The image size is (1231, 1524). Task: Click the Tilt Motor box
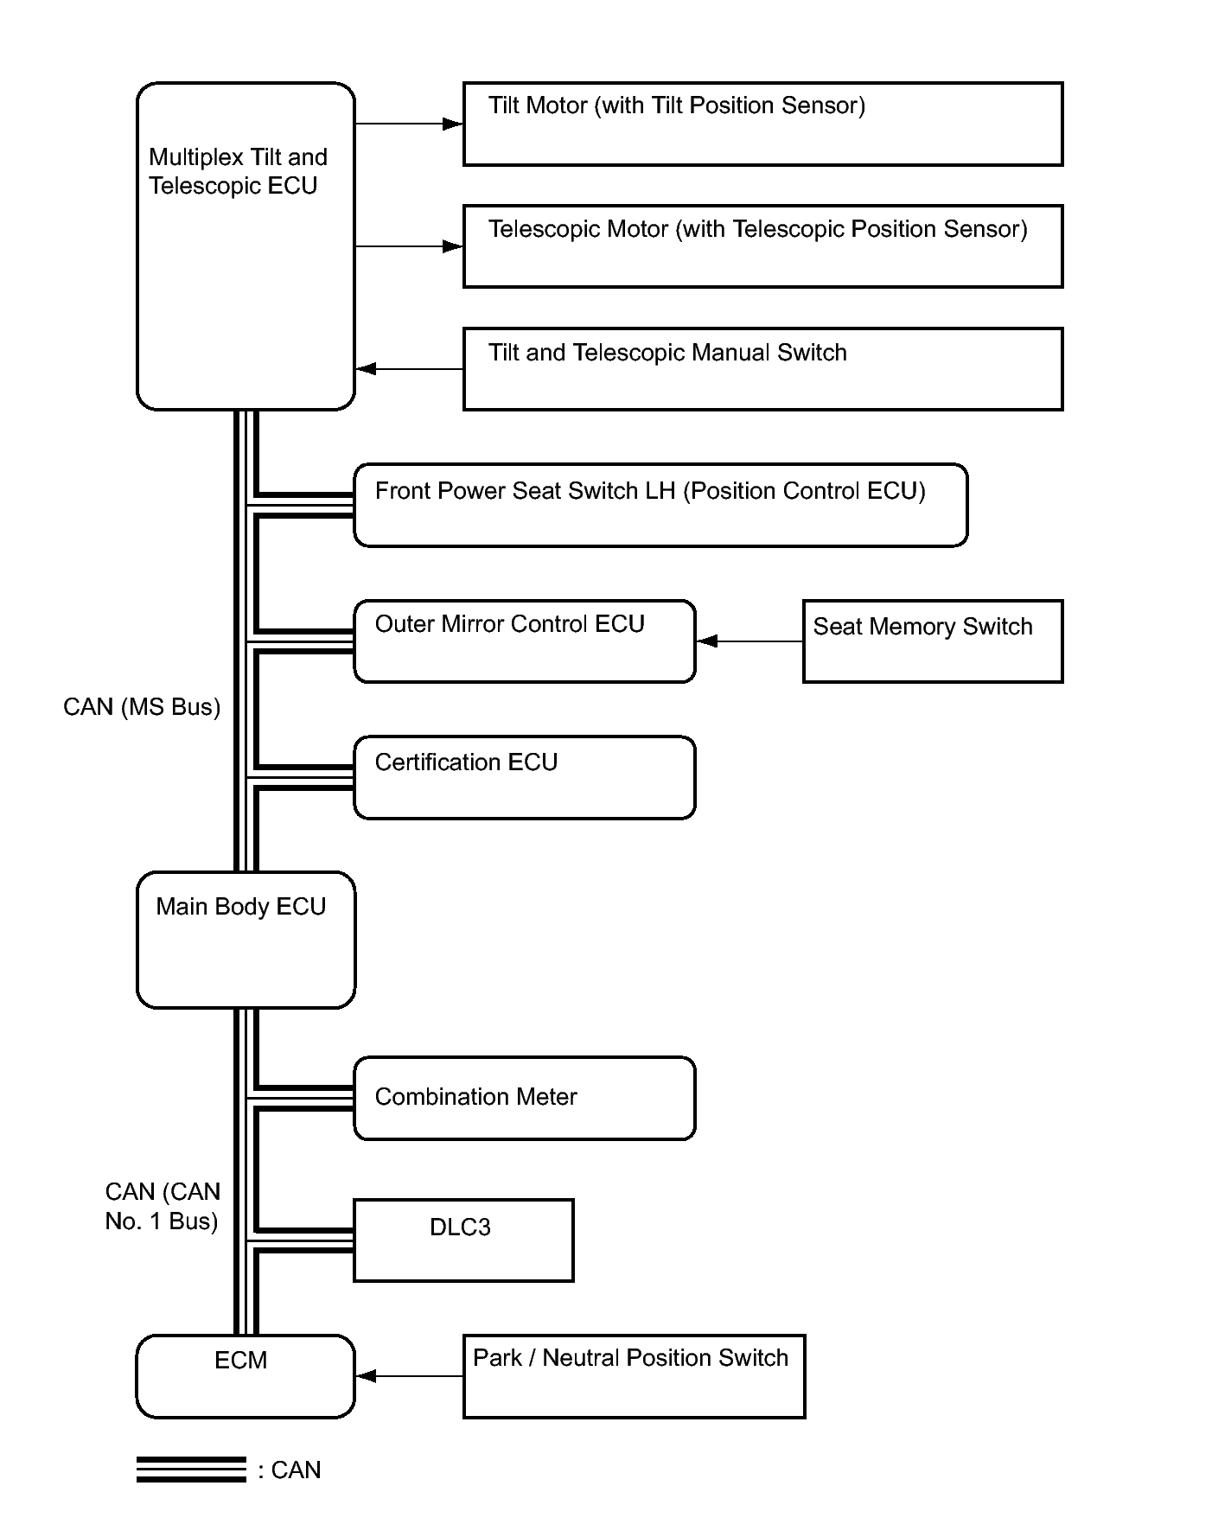click(x=762, y=124)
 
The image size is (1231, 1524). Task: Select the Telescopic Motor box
click(x=762, y=246)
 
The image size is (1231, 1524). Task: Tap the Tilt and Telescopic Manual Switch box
click(x=762, y=369)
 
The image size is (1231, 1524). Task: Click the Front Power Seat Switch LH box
click(x=660, y=506)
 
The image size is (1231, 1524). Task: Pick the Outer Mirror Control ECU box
click(x=524, y=641)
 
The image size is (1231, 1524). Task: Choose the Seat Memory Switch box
click(x=933, y=641)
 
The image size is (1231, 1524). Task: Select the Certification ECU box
click(x=524, y=777)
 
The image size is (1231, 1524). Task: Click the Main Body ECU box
click(x=246, y=940)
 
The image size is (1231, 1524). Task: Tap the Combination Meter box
click(x=524, y=1098)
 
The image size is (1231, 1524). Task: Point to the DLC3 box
click(x=463, y=1240)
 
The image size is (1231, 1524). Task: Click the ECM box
click(x=246, y=1376)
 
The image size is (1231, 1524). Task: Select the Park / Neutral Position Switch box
click(x=634, y=1376)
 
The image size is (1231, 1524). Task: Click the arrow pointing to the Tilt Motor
click(x=409, y=124)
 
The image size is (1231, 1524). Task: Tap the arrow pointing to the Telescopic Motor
click(x=409, y=246)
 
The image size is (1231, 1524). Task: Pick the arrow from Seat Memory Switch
click(x=749, y=641)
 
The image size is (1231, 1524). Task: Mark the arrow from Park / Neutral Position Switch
click(x=409, y=1376)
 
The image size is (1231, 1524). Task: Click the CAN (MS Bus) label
click(x=142, y=707)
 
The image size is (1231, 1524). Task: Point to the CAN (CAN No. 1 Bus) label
click(x=163, y=1206)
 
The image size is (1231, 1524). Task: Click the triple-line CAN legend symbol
click(x=191, y=1470)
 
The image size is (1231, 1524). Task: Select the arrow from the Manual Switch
click(x=409, y=369)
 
